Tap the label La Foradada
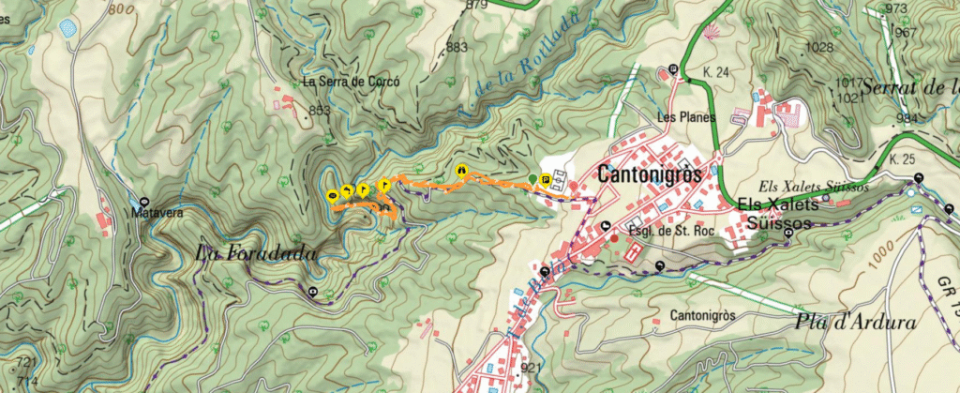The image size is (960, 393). (256, 253)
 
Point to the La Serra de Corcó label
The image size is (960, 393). (351, 82)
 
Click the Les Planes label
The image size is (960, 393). (686, 117)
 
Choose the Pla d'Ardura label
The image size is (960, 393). (855, 324)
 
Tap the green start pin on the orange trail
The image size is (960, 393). (532, 179)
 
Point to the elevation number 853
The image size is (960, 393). (319, 112)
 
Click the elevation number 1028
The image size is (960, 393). (819, 47)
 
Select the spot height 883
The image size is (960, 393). (457, 47)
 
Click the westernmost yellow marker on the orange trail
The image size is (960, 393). (332, 195)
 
